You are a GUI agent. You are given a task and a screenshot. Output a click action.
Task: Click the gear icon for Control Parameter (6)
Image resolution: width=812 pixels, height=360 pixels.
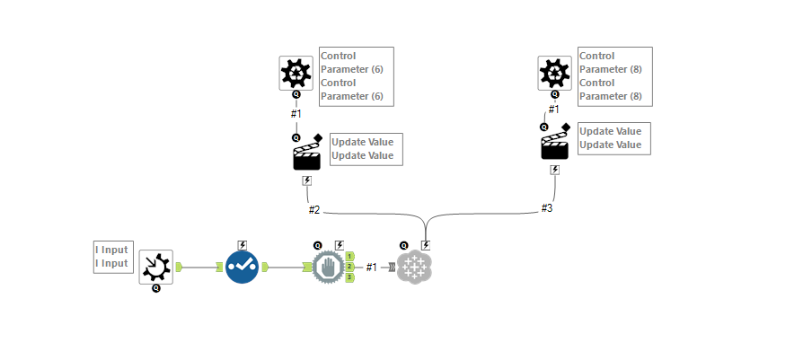296,73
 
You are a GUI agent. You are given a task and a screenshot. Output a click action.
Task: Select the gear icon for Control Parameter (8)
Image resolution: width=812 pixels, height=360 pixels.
554,73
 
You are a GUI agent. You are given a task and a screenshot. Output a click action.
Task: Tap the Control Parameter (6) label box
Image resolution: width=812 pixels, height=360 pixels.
357,76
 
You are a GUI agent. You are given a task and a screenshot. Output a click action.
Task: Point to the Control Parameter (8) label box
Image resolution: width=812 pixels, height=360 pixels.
615,76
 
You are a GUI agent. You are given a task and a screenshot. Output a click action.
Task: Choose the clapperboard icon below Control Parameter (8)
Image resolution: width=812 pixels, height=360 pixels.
555,146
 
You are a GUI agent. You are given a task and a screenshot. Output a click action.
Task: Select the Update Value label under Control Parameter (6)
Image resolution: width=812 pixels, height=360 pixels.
362,148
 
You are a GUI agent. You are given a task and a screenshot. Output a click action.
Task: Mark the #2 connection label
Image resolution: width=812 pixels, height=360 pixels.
314,210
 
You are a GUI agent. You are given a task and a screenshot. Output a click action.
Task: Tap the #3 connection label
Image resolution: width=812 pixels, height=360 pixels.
547,208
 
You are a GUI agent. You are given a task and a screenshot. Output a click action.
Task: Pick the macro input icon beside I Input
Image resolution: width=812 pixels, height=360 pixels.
155,267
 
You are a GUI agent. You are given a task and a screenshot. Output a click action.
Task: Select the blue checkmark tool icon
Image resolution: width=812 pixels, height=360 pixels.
242,268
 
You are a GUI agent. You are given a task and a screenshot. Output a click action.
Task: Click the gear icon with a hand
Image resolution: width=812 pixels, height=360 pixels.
328,268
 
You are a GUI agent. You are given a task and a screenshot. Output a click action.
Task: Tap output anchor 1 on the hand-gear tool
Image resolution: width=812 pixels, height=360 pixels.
349,257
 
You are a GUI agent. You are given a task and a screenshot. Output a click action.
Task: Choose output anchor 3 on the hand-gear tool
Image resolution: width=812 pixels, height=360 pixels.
349,277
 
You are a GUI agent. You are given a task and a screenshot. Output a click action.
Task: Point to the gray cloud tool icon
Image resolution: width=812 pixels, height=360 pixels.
414,268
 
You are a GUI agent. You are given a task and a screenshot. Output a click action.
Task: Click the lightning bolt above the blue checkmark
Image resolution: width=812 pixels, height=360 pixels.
242,244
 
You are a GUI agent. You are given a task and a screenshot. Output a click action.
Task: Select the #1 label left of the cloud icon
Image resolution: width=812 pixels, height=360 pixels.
372,268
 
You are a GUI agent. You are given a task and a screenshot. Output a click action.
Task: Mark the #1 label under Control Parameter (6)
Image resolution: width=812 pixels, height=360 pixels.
296,114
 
